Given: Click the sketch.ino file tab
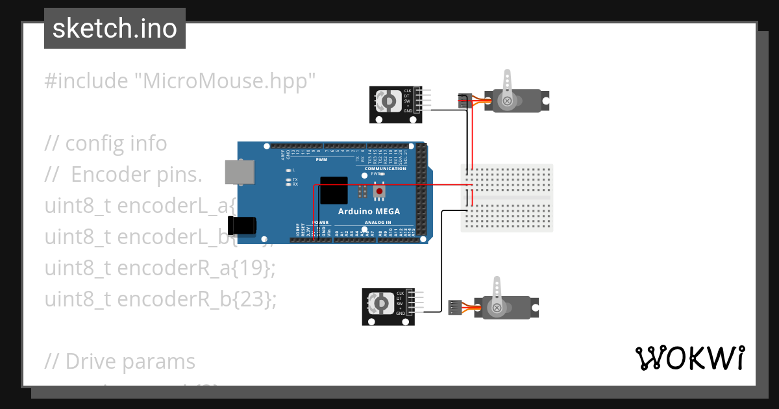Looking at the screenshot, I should [114, 29].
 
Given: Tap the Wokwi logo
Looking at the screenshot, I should [689, 358].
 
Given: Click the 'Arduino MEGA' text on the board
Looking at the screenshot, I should [369, 212].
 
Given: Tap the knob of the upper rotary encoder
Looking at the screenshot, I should [388, 101].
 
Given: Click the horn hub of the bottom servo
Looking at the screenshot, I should [497, 308].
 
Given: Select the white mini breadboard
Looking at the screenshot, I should [507, 198].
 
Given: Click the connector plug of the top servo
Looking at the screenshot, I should [464, 100].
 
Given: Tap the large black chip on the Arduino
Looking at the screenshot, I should [334, 191].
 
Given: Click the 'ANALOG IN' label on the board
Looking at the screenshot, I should [378, 223].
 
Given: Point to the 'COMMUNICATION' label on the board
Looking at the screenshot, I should [386, 169].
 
